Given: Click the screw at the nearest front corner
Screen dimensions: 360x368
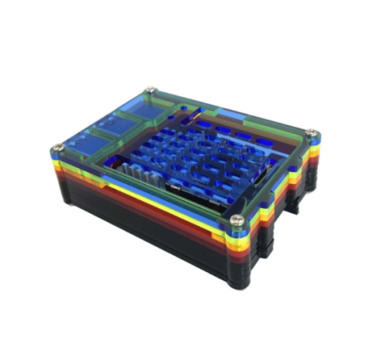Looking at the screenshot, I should point(237,219).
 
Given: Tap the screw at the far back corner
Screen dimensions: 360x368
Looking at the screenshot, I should point(149,91).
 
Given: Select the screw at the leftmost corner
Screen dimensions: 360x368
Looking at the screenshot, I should point(58,149).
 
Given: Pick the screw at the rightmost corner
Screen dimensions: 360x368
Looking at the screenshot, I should point(310,133).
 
